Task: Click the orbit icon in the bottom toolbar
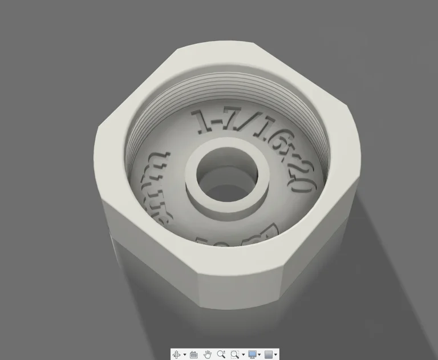[x=176, y=354]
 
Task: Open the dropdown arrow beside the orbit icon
[x=185, y=355]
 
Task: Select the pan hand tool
[x=208, y=354]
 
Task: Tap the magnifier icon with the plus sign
[x=221, y=354]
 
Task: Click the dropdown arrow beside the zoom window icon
[x=243, y=355]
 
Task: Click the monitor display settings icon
[x=253, y=354]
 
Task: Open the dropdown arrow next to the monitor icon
[x=261, y=355]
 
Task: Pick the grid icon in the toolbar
[x=269, y=354]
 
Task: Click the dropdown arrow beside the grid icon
[x=277, y=355]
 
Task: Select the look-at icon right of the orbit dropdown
[x=193, y=354]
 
